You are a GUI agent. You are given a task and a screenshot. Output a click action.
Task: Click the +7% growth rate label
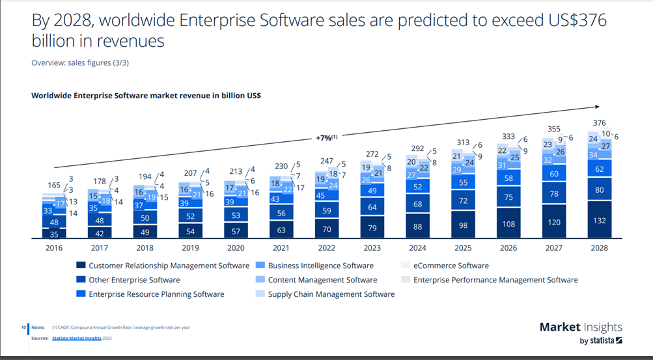326,138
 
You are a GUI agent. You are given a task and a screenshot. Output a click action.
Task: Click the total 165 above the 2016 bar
55,186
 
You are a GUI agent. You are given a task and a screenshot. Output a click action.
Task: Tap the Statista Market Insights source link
76,338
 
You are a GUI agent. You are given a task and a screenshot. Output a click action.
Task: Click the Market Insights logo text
581,327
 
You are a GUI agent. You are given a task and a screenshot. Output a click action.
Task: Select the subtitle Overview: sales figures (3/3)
83,62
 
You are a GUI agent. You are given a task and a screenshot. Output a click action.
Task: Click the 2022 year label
326,248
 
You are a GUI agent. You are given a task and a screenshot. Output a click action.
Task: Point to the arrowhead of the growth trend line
597,106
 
